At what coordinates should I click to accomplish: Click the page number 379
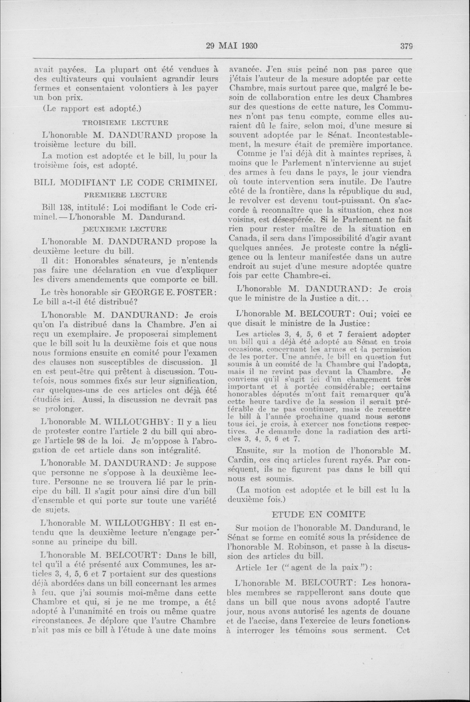click(x=406, y=46)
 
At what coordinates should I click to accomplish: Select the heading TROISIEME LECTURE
click(x=125, y=123)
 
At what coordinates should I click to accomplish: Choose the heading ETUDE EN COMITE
click(x=318, y=515)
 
